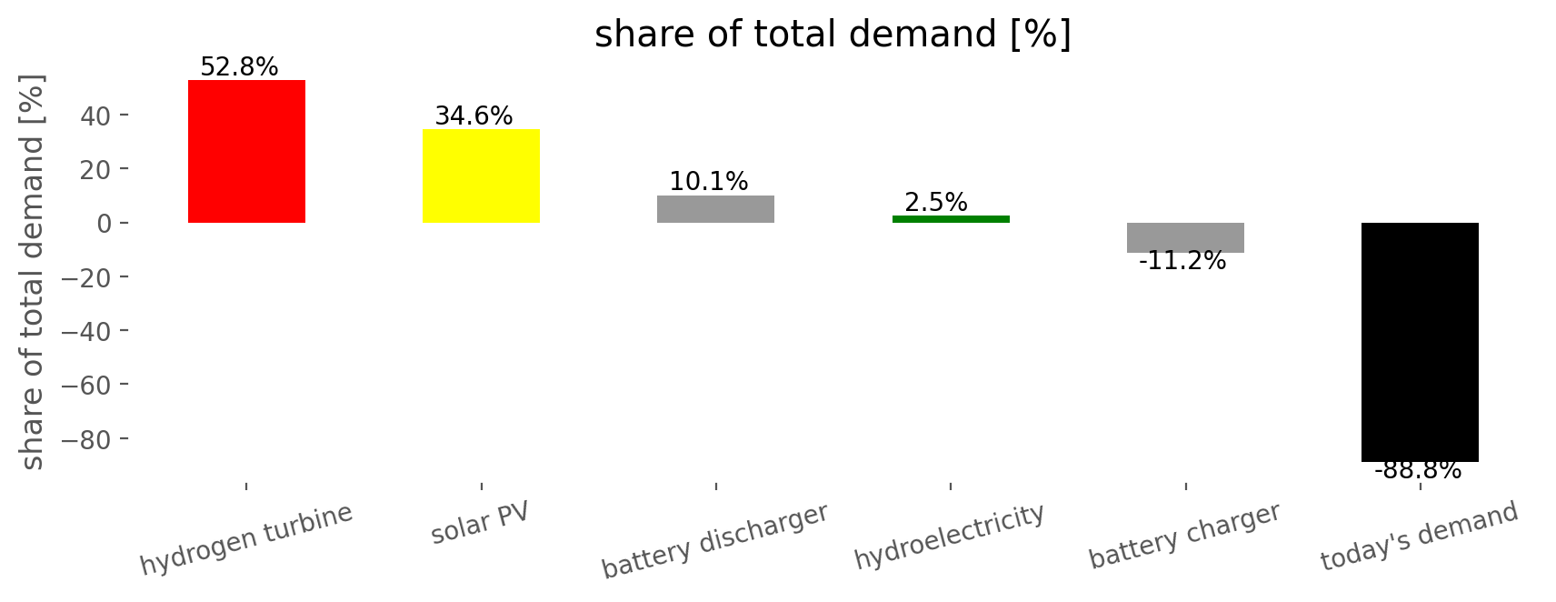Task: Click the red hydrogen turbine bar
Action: coord(246,152)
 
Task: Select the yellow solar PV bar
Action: coord(482,176)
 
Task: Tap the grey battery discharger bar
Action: coord(715,209)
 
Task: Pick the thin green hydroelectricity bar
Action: coord(951,219)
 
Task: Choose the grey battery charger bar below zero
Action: coord(1186,237)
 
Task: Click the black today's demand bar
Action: coord(1420,342)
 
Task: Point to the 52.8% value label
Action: coord(239,66)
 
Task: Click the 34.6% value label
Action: coord(474,115)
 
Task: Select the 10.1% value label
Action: coord(709,182)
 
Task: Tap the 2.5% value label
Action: coord(935,202)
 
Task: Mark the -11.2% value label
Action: coord(1182,261)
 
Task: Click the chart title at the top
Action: coord(833,34)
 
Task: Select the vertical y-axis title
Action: coord(31,272)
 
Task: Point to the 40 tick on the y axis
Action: coord(95,115)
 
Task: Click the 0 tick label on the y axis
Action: coord(104,224)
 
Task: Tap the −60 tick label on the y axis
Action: coord(86,385)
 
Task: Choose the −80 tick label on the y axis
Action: coord(86,439)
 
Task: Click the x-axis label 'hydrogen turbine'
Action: coord(246,539)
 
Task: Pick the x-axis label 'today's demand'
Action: coord(1419,536)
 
